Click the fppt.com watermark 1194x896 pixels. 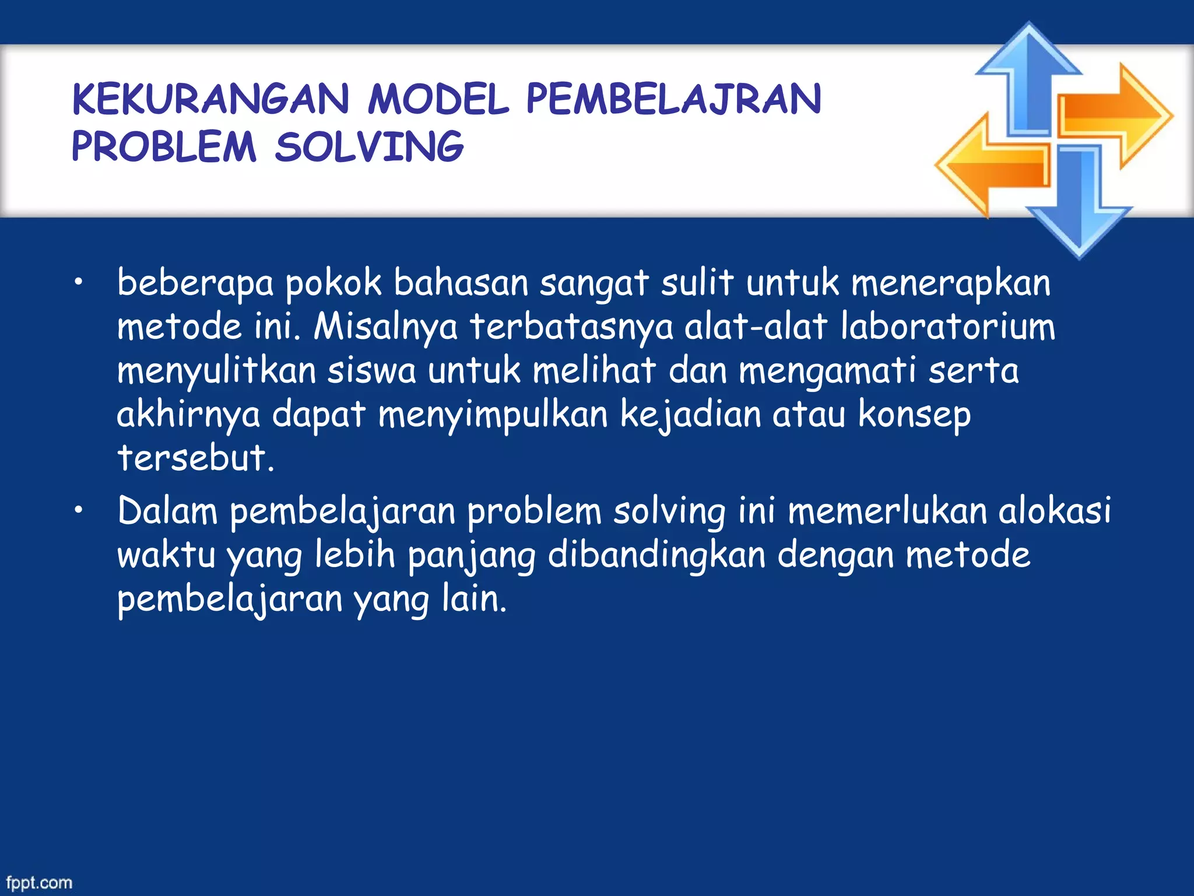(39, 883)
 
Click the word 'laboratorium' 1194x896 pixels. (948, 327)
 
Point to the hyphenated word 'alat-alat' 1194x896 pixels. (756, 327)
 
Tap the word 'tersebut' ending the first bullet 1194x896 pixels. (192, 458)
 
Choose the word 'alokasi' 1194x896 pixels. (1055, 510)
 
